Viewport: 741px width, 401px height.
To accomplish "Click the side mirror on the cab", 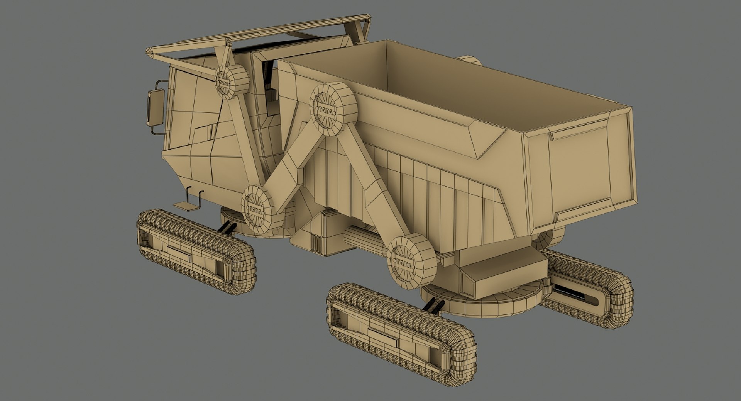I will [156, 108].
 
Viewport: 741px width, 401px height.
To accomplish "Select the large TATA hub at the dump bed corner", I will [333, 109].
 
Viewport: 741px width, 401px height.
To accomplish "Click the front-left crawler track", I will [196, 251].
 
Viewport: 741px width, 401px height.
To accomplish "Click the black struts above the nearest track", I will [435, 305].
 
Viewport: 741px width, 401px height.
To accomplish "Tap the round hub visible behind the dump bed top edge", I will [469, 60].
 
